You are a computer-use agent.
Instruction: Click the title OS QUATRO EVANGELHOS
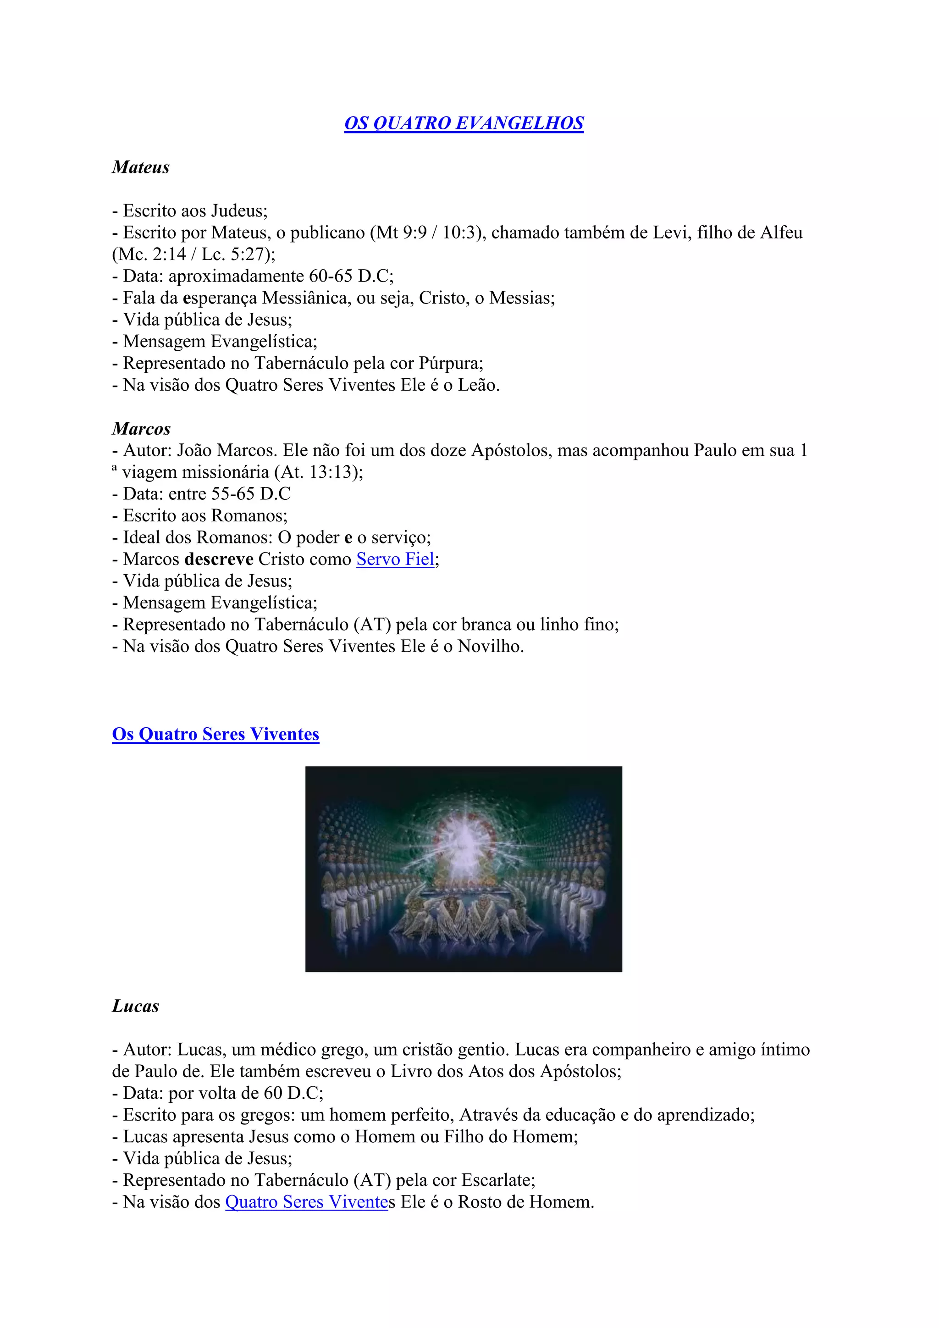click(x=464, y=123)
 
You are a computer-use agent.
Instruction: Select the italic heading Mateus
click(x=140, y=167)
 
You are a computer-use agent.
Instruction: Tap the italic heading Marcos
click(x=141, y=429)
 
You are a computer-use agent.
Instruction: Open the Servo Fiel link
click(x=395, y=559)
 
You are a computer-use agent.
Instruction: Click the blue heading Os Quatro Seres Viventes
click(x=215, y=734)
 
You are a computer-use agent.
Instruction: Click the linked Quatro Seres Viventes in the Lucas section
click(x=306, y=1202)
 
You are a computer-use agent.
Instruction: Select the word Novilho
click(x=489, y=646)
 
